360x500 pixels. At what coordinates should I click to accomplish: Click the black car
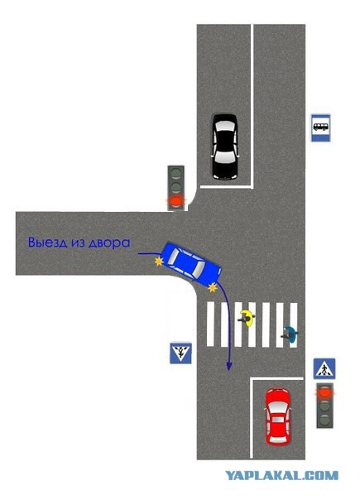(225, 147)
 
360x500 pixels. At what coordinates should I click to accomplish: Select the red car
(278, 416)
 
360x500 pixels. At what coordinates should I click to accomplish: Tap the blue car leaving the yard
(191, 264)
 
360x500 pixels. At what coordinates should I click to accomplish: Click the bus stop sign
(321, 127)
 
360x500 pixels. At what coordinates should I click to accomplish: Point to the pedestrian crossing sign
(324, 368)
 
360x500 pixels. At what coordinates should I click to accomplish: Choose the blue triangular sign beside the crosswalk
(180, 353)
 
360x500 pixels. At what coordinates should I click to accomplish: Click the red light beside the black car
(176, 201)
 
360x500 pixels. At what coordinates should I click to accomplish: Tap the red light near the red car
(325, 393)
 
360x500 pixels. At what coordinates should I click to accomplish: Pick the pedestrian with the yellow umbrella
(247, 318)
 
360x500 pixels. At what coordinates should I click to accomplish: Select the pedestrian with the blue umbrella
(290, 334)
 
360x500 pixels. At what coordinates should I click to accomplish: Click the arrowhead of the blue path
(228, 366)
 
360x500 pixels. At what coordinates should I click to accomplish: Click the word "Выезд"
(48, 243)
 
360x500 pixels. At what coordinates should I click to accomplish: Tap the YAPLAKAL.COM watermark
(282, 475)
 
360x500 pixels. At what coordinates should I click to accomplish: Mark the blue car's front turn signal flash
(212, 288)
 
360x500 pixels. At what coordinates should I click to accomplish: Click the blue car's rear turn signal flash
(159, 262)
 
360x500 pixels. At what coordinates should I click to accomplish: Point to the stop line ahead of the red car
(276, 379)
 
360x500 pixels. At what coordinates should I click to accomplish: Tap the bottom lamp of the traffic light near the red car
(325, 419)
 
